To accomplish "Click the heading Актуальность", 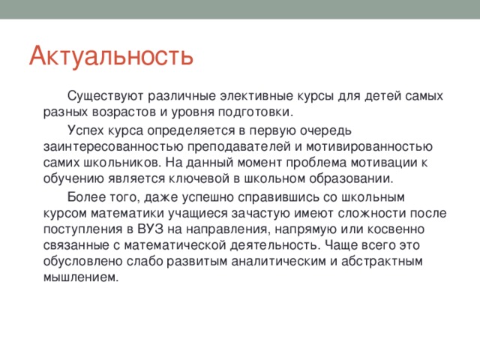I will [x=112, y=55].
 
